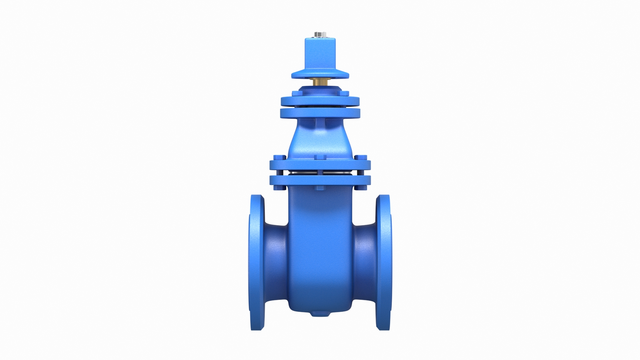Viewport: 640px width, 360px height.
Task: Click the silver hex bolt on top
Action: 320,34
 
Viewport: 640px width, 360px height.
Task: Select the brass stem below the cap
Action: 320,81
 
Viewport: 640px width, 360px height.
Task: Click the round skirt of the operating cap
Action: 320,74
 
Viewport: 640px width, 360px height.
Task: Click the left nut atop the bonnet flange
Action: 279,158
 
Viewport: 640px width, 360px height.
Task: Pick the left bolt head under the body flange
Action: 279,188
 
